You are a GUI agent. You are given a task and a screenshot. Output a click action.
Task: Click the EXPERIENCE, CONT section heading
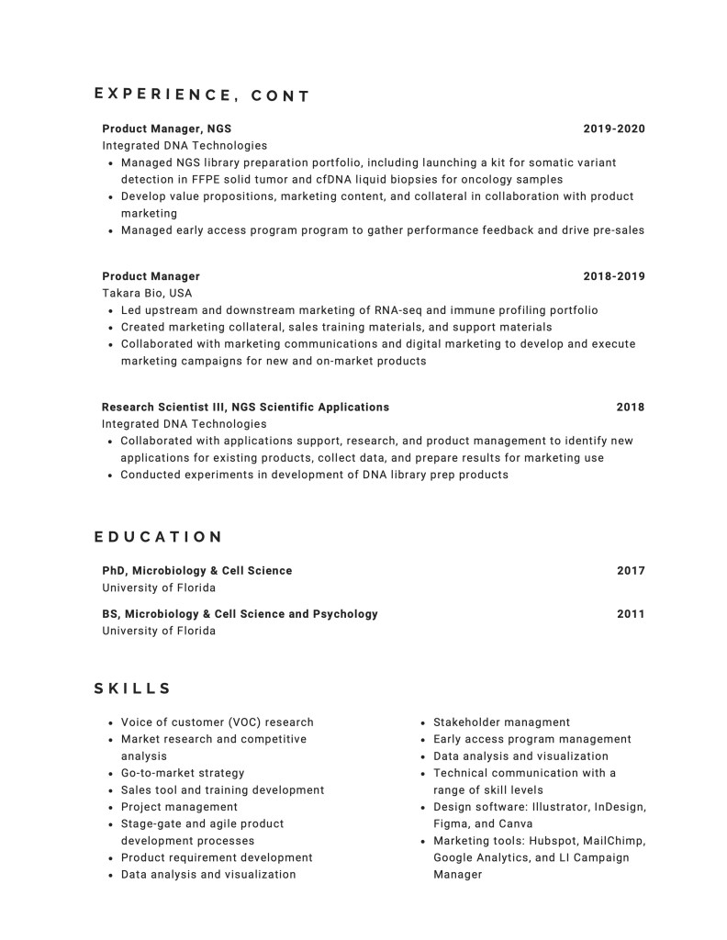[202, 95]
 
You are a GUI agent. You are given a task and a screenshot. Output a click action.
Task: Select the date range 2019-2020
[614, 129]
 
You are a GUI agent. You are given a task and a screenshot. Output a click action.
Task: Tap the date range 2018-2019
[614, 276]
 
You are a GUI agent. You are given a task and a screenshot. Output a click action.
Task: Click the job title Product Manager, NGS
[167, 129]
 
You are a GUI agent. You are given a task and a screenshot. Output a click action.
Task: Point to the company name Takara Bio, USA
[147, 293]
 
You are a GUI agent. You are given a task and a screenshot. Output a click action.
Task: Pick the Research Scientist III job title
[245, 407]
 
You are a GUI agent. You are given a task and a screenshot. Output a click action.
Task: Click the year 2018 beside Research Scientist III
[631, 407]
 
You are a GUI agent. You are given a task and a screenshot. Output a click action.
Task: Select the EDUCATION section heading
[158, 537]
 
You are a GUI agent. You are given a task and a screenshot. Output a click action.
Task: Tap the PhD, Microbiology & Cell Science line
[196, 571]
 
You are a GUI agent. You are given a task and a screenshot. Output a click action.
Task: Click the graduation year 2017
[631, 571]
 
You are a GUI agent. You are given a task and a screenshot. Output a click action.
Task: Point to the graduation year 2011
[631, 613]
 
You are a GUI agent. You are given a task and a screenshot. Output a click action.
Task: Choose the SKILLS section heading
[132, 688]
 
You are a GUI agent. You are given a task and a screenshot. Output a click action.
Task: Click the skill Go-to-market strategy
[183, 773]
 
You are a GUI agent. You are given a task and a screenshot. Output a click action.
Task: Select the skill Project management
[179, 807]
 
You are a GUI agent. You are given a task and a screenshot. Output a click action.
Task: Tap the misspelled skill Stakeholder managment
[501, 722]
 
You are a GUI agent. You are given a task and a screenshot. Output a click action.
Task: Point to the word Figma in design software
[451, 823]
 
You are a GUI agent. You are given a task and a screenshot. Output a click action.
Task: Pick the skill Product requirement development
[217, 857]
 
